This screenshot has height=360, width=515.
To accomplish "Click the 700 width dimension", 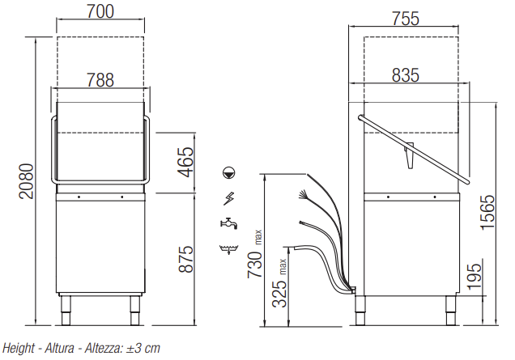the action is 100,11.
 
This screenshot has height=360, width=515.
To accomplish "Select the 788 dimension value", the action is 100,80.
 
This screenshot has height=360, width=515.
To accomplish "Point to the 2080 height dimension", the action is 26,181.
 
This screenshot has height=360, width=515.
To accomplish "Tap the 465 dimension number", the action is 186,162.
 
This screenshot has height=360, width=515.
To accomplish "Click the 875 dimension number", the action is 186,259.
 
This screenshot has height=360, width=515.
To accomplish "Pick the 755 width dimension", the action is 406,19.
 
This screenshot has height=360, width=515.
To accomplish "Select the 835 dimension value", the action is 406,75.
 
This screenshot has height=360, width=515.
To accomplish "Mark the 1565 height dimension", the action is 487,212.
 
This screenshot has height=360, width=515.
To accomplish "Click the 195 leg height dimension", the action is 474,277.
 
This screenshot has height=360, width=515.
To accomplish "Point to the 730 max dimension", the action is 255,254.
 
